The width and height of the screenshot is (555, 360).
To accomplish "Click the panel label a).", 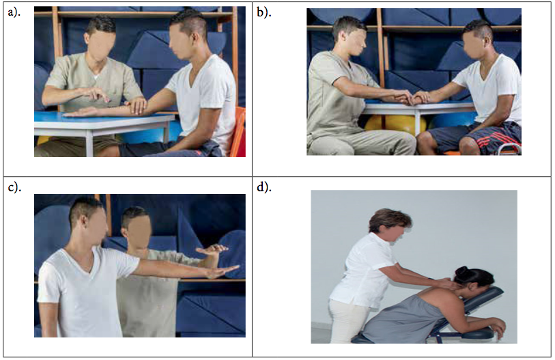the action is coord(14,12).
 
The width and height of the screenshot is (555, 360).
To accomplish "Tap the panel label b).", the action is coord(264,12).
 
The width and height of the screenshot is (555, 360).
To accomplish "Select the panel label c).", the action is coord(14,186).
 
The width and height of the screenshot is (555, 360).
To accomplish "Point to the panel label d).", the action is coord(264,186).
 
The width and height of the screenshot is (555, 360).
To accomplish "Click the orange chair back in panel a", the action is coord(238,132).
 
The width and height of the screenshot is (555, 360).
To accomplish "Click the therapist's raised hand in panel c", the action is coord(212,249).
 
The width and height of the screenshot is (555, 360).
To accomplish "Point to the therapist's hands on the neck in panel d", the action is coord(445,283).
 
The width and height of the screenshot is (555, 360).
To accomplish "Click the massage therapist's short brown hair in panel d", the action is coord(390,220).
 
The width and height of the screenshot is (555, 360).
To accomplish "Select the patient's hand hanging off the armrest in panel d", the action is coord(498,328).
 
